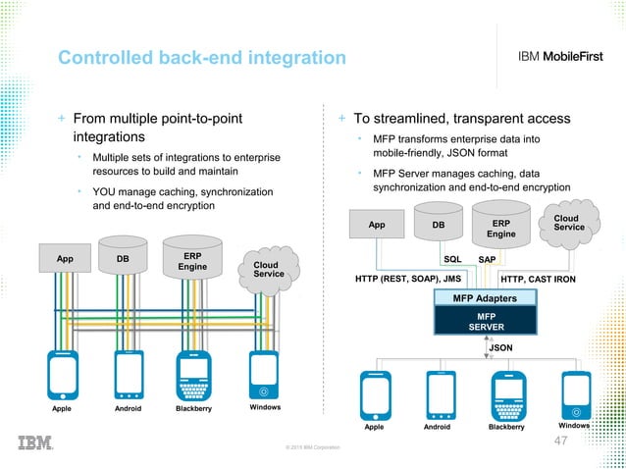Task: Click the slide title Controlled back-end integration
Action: point(201,59)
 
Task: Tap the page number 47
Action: point(561,441)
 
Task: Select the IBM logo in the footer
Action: point(36,443)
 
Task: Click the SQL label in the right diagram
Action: point(452,260)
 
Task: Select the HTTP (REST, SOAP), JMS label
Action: point(407,279)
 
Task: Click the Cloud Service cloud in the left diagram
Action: point(268,270)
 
